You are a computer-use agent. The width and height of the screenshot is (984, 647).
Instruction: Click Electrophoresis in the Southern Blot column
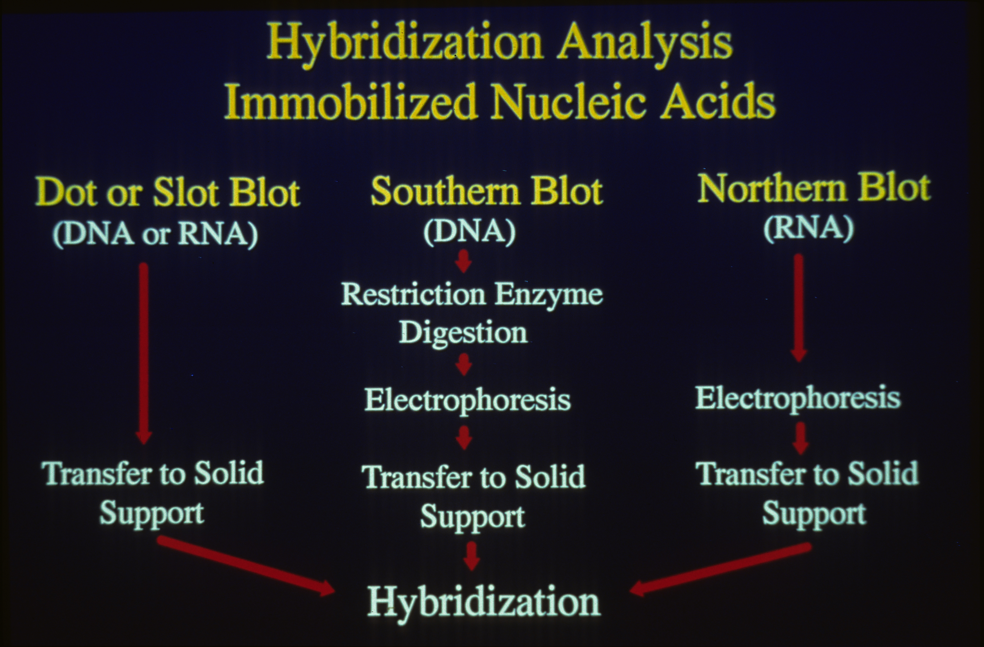pos(467,400)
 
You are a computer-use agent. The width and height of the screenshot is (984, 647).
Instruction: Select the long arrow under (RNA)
pos(799,308)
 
